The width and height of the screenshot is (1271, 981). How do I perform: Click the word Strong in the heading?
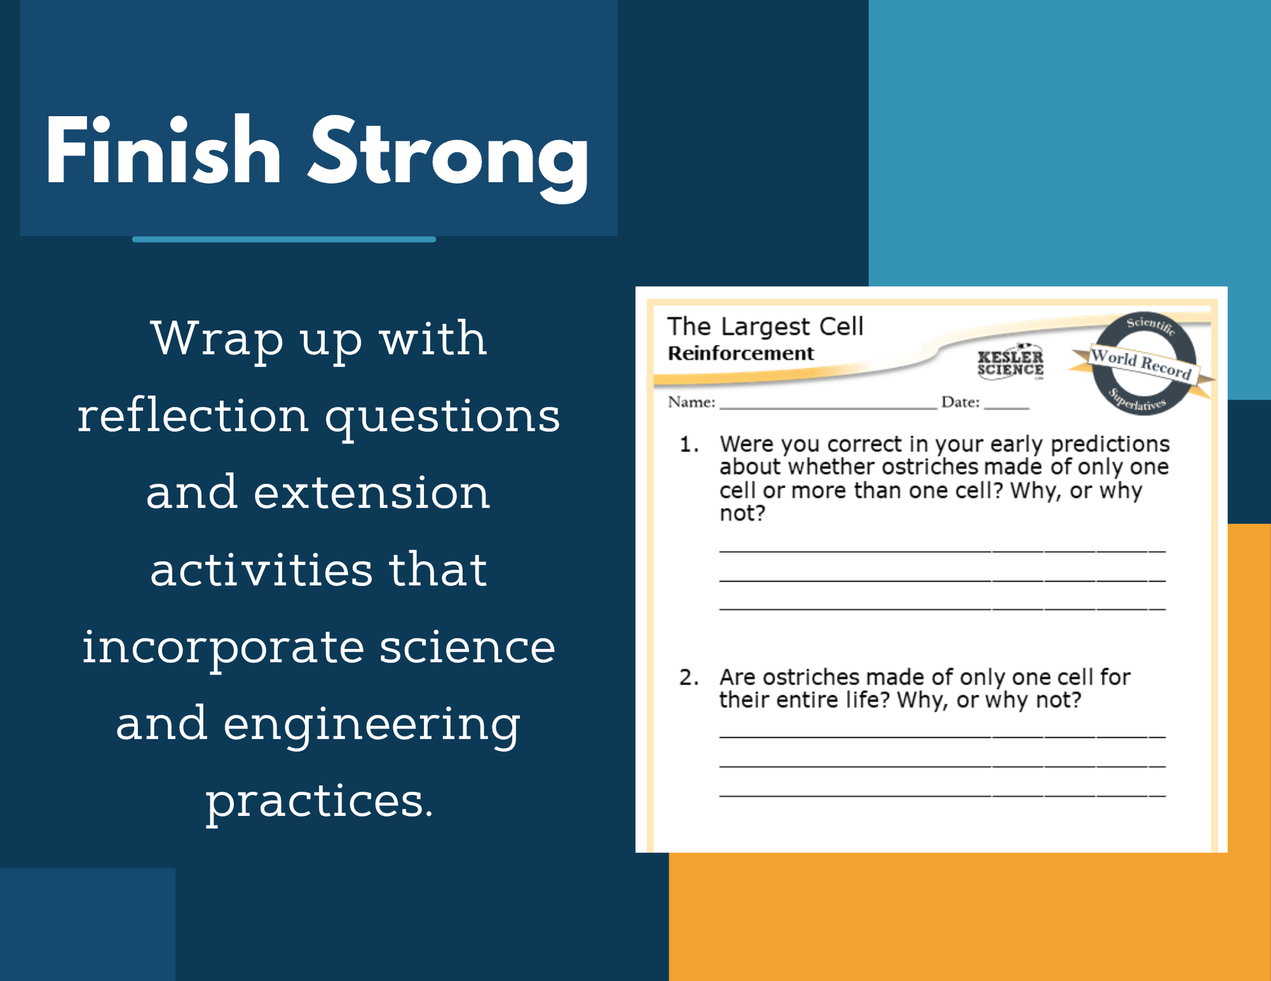[x=449, y=158]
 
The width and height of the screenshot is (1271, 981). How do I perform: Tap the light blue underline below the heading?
[x=284, y=240]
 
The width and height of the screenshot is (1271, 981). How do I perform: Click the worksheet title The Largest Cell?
[x=765, y=326]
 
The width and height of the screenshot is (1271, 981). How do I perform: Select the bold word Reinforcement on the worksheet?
[x=741, y=353]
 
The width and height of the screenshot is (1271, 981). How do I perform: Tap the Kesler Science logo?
[x=1010, y=361]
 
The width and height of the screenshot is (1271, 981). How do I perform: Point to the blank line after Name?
[x=828, y=408]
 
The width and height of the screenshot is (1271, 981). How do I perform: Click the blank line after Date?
[x=1006, y=408]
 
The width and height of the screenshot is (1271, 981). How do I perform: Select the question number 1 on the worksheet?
[x=688, y=444]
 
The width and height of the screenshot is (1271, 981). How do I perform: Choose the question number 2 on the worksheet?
[x=689, y=677]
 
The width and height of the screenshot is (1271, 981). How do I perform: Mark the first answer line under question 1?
[x=942, y=552]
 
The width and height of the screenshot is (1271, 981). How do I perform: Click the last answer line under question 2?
[x=942, y=796]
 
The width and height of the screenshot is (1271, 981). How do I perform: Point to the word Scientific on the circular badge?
[x=1151, y=325]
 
